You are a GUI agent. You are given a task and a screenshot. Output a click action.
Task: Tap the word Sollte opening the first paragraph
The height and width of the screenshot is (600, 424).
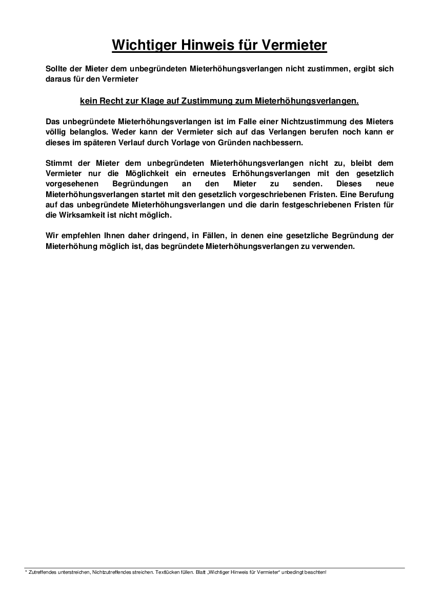pyautogui.click(x=56, y=68)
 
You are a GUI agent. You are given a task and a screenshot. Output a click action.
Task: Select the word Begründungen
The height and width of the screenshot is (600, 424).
pyautogui.click(x=134, y=183)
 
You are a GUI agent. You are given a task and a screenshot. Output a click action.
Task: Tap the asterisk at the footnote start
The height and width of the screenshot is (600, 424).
pyautogui.click(x=26, y=571)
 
